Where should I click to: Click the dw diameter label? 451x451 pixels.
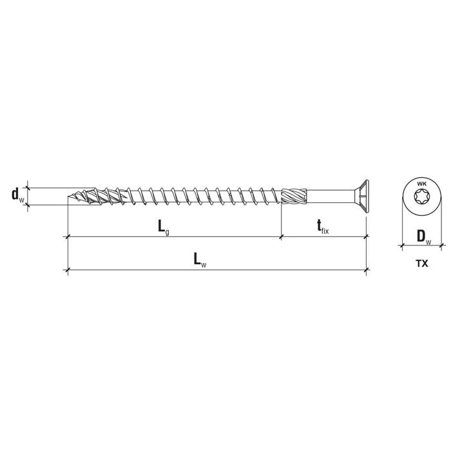pyautogui.click(x=18, y=195)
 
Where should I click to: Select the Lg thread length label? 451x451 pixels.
pyautogui.click(x=164, y=227)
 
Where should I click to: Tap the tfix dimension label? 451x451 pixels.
pyautogui.click(x=323, y=226)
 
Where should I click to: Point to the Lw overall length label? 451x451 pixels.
pyautogui.click(x=200, y=260)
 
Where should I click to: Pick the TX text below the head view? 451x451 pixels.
pyautogui.click(x=421, y=264)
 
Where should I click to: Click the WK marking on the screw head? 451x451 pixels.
pyautogui.click(x=421, y=184)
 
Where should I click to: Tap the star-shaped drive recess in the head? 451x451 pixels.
pyautogui.click(x=421, y=197)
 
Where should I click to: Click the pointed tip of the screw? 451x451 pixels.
pyautogui.click(x=68, y=197)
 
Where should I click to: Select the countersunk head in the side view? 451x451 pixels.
pyautogui.click(x=361, y=197)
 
